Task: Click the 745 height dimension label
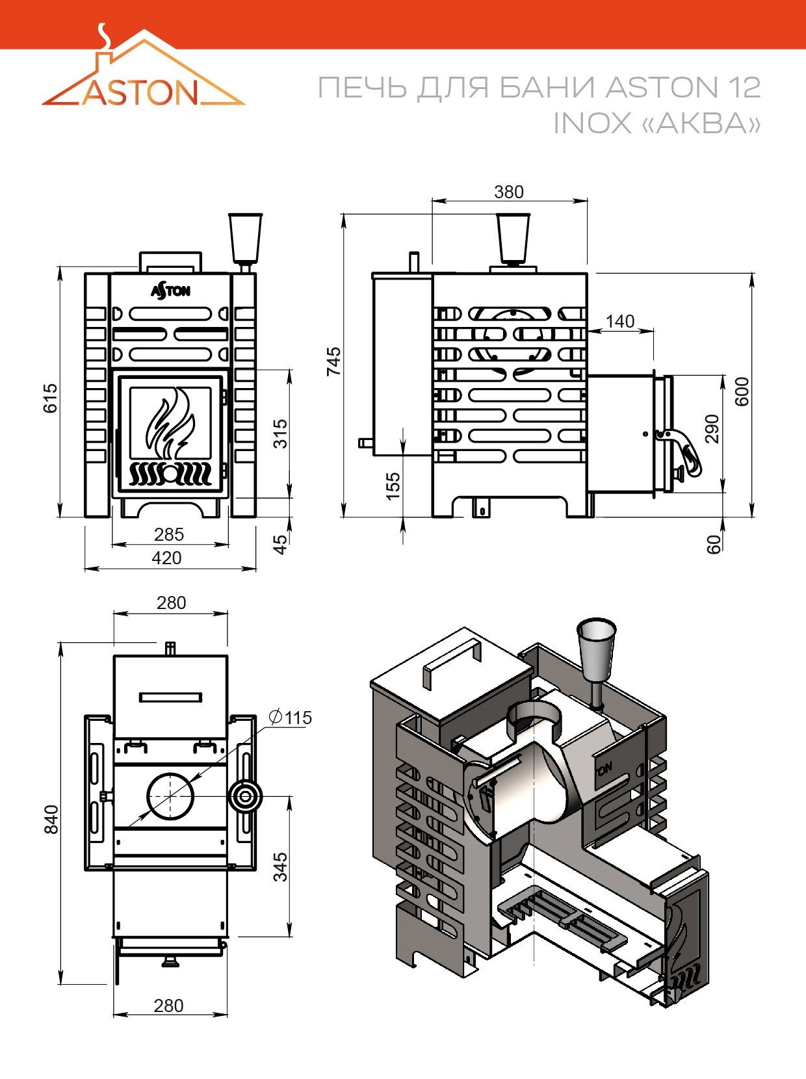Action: coord(333,361)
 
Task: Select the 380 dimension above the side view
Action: coord(509,192)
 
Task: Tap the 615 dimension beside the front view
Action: coord(50,398)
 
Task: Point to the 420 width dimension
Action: coord(166,558)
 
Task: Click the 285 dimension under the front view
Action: coord(168,534)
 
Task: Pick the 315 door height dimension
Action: coord(280,434)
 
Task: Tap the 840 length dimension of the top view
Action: coord(51,820)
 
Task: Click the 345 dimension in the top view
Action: coord(281,867)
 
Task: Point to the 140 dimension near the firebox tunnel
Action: coord(619,322)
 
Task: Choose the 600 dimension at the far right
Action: coord(742,391)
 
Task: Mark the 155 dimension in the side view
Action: coord(393,486)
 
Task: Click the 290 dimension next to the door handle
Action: coord(712,428)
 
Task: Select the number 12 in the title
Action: coord(744,88)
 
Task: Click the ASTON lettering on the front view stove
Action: coord(170,291)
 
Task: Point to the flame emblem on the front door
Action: coord(170,423)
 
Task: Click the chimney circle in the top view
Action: coord(170,796)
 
